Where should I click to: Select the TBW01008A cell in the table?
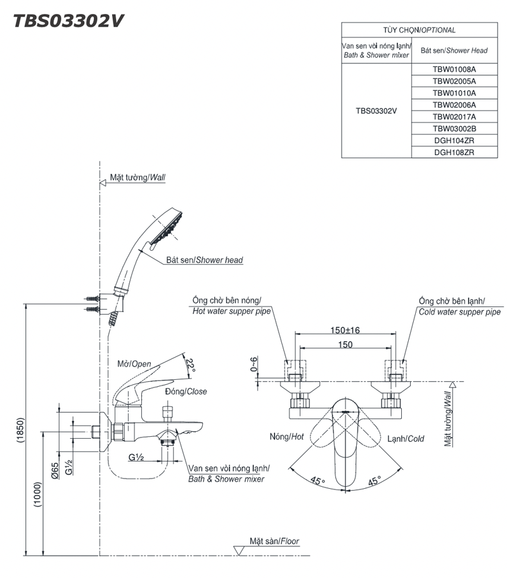454,69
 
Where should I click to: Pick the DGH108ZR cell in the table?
454,153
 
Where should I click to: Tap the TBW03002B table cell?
454,129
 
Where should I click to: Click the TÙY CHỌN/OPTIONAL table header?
419,30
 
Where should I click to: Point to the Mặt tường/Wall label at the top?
137,178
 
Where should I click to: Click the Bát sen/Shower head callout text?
204,260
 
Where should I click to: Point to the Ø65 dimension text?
55,470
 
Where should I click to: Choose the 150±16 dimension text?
345,331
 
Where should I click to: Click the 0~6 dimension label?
255,365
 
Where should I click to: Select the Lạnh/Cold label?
406,438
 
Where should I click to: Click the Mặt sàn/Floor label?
274,541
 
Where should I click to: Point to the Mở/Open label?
134,363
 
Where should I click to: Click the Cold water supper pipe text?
459,312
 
